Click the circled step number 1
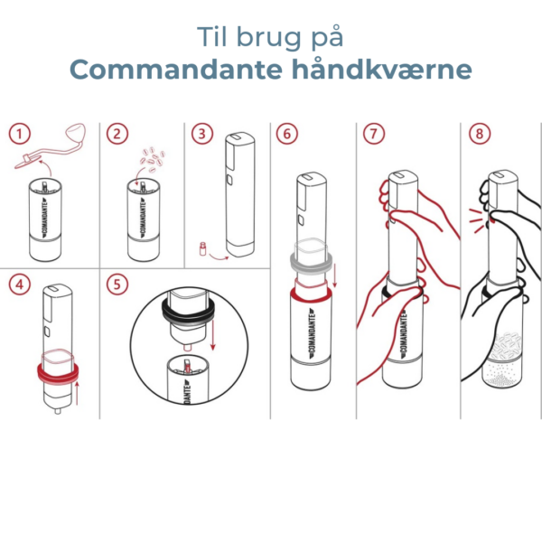19,134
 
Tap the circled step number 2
117,134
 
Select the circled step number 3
202,134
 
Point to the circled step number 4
19,285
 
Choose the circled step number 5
117,285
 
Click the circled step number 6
287,134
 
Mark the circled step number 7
374,134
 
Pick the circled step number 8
480,134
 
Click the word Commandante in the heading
176,70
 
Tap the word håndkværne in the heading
382,70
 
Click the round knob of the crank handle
76,133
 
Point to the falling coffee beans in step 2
153,159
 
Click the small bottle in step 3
203,249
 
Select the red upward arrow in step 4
77,393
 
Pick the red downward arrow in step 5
212,335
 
